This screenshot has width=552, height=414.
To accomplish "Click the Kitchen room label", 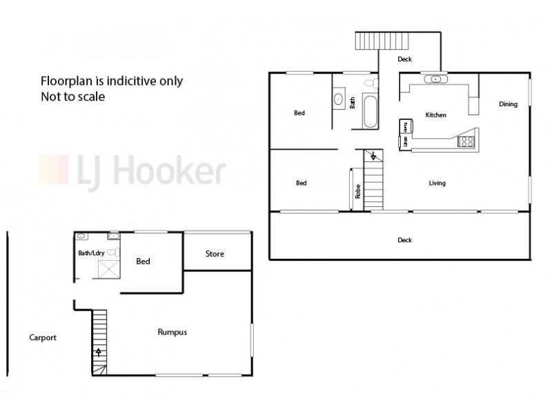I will coord(435,115).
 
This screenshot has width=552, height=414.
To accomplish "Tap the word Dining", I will coord(508,104).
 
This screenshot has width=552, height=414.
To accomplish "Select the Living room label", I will coord(437,183).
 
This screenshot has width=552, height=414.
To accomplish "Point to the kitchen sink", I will coord(437,79).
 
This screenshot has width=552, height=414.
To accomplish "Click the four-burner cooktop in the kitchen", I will coord(466,141).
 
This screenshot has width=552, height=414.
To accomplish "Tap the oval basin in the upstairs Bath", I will coord(339,99).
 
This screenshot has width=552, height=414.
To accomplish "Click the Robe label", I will coord(357,192).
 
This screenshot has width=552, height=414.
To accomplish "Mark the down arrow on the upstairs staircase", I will coord(373,157).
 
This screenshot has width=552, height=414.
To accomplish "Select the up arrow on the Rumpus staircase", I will coord(99,353).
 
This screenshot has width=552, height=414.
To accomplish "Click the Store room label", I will coord(215,254).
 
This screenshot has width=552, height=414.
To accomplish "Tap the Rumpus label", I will coord(172,332).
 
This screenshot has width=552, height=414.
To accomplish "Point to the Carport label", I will coord(43,338).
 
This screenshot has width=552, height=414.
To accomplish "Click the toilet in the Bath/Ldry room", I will coord(114,252).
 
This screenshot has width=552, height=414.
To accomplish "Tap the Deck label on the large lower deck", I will coord(404,240).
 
